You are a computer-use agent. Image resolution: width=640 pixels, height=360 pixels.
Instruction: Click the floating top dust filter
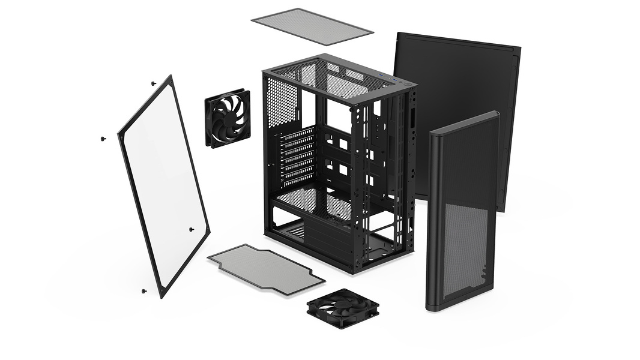[312, 25]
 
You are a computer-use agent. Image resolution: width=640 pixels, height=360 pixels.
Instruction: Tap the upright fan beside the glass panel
[228, 118]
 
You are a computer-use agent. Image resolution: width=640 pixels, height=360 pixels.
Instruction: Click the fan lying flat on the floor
[343, 308]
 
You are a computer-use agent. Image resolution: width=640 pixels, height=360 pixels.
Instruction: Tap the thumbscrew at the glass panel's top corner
[154, 83]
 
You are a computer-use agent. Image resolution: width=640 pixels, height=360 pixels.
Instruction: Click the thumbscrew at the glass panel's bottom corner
[144, 291]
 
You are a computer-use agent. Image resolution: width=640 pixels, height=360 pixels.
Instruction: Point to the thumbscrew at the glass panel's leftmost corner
[103, 139]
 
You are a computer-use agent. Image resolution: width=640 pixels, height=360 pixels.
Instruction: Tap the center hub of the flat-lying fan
[343, 307]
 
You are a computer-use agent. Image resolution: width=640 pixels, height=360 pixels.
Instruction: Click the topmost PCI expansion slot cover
[298, 133]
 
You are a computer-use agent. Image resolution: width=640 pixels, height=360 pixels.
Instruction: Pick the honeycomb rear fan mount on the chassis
[282, 102]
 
